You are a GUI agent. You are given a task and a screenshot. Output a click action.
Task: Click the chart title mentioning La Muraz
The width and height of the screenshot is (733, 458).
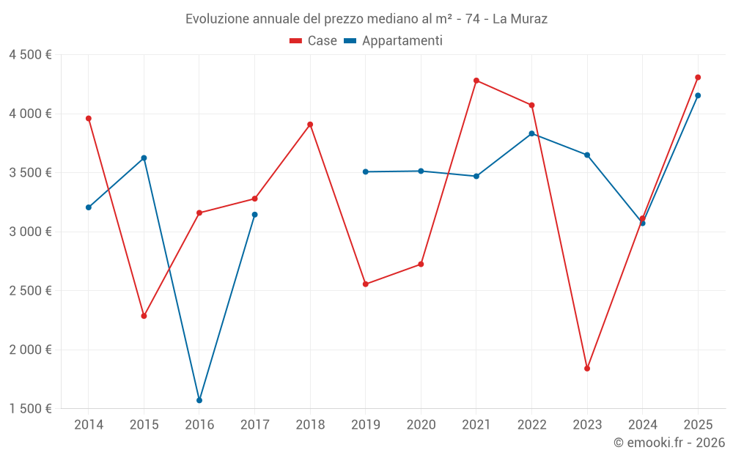(x=366, y=19)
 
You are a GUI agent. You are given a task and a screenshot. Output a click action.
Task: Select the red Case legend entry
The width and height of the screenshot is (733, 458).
(x=313, y=40)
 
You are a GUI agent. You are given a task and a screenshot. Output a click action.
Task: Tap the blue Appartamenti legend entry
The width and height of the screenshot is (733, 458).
(x=393, y=40)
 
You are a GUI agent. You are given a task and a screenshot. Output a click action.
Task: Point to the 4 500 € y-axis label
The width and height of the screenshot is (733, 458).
(x=30, y=55)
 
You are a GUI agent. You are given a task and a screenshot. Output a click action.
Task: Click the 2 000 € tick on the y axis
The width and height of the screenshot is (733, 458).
(x=30, y=350)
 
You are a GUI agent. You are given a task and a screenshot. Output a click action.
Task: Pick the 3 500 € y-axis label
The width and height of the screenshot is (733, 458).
(x=30, y=173)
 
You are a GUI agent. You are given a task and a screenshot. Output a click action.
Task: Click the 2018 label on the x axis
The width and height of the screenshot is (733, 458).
(x=310, y=424)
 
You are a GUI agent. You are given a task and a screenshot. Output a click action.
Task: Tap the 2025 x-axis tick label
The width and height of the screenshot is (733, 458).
(x=698, y=424)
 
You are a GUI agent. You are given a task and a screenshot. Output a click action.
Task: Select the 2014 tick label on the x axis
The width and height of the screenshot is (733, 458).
(x=89, y=424)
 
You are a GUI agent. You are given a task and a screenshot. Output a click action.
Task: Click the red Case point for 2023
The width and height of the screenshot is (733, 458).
(x=587, y=369)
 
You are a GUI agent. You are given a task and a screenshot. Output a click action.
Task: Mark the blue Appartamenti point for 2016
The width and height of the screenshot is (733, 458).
(x=199, y=401)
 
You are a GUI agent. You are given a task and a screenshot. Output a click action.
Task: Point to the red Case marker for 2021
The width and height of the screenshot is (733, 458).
(x=476, y=81)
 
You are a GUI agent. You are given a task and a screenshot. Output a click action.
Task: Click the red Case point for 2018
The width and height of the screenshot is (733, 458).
(x=310, y=125)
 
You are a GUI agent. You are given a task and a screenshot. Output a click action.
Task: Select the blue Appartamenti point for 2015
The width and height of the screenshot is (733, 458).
(x=144, y=158)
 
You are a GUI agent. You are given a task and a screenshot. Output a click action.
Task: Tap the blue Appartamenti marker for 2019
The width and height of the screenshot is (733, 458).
(x=366, y=172)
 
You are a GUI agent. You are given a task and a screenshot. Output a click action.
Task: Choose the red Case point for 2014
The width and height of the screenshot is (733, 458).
(x=89, y=118)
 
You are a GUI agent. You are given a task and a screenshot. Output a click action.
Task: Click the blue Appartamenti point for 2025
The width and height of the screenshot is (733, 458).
(x=698, y=95)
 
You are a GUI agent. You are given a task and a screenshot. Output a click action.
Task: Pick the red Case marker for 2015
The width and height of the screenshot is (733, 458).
(x=144, y=316)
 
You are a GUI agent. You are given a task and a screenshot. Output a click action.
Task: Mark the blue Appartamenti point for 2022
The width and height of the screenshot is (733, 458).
(x=532, y=133)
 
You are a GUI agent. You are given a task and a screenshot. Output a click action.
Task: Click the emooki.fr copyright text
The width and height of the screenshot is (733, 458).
(x=669, y=443)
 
